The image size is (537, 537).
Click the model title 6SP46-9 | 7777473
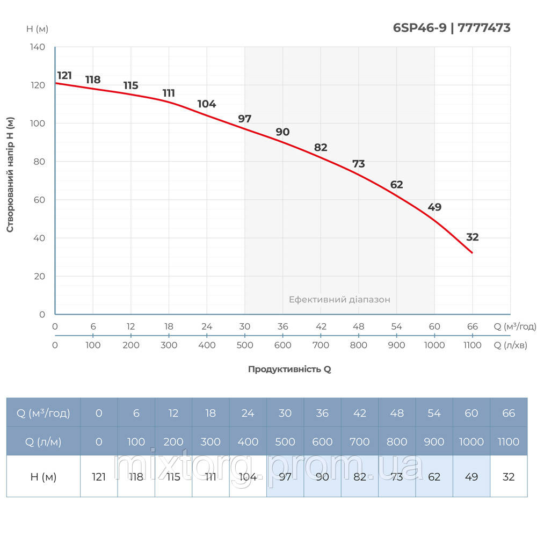pos(452,28)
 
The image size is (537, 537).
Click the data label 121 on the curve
pos(64,75)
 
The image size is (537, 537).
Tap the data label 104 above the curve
pos(206,104)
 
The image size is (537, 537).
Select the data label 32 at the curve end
pos(472,237)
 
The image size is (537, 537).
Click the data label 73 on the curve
pos(358,164)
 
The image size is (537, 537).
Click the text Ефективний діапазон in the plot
pos(339,300)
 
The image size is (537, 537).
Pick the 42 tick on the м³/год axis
pos(321,326)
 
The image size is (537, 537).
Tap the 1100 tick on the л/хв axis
pos(472,345)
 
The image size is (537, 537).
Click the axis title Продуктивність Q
pos(289,369)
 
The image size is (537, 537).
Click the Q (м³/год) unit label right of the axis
pos(514,326)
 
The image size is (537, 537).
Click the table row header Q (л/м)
pos(43,441)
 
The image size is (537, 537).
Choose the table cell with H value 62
pos(434,476)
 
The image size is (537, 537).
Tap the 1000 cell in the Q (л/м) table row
pos(471,441)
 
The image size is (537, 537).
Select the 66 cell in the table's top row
pos(508,413)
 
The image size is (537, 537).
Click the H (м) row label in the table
pos(43,476)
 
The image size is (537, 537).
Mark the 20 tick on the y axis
pos(39,276)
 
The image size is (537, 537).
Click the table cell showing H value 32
pos(508,476)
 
